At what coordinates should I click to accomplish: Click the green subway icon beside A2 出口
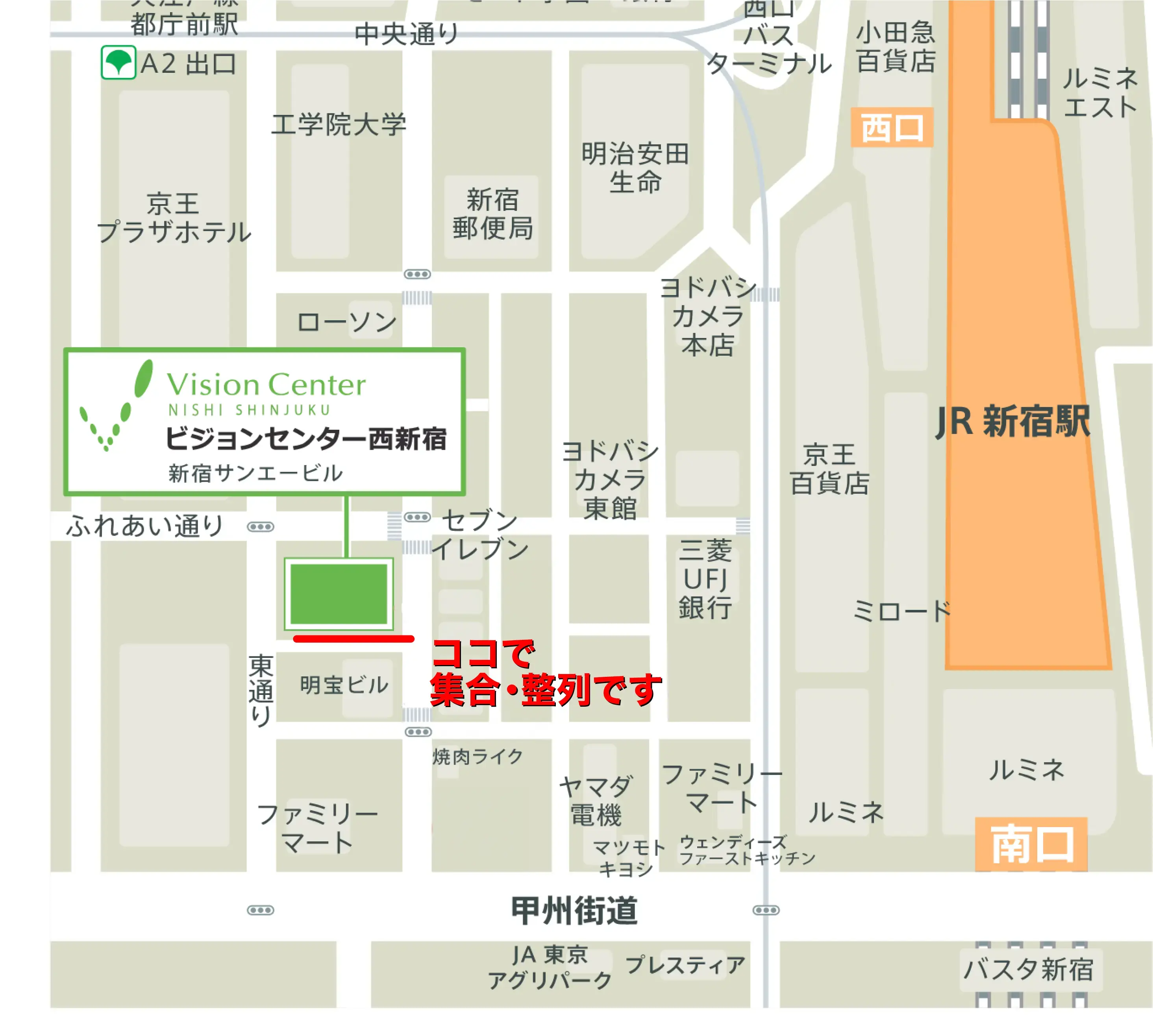[118, 62]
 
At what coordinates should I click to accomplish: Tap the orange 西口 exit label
[891, 127]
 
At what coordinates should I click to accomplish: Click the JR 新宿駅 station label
[1012, 421]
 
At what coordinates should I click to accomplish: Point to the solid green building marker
[339, 594]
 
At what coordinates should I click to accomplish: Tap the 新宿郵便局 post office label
[492, 214]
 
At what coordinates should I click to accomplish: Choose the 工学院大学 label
[339, 124]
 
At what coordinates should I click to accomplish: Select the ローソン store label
[346, 322]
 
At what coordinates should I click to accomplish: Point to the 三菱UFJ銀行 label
[705, 579]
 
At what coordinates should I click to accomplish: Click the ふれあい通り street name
[144, 526]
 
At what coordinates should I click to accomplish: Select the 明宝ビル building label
[344, 685]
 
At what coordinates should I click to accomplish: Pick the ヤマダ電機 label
[596, 801]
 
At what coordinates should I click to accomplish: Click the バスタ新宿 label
[1028, 969]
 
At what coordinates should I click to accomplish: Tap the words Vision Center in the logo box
[266, 385]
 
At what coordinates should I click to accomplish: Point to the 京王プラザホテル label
[174, 218]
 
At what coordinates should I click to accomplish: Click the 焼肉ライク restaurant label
[478, 756]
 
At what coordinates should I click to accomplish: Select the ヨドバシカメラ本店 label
[708, 317]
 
